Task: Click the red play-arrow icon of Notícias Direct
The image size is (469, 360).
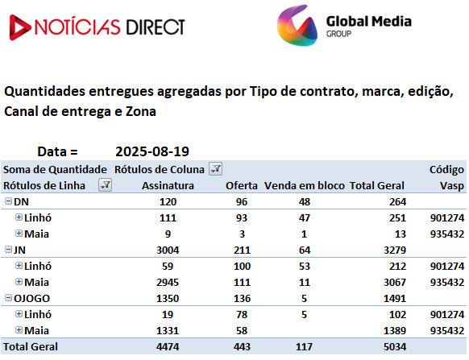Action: [19, 27]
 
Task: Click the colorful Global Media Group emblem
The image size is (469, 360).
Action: [297, 26]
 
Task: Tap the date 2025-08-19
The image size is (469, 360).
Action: [152, 151]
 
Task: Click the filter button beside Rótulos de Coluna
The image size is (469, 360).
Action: [215, 169]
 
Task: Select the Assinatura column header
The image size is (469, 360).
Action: [168, 186]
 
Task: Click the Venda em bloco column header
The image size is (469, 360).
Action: [304, 186]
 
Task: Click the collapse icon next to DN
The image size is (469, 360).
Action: [8, 201]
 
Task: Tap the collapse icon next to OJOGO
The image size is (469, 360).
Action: [8, 298]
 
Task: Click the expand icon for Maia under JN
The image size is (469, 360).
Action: [19, 282]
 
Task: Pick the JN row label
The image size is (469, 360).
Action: [19, 250]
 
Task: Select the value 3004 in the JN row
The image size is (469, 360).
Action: [168, 250]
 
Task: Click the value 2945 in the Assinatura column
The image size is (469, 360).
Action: [168, 282]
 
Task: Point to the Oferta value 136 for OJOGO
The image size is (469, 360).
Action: [242, 299]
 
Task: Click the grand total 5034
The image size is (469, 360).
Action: [395, 347]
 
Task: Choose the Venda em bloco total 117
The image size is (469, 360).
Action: [304, 347]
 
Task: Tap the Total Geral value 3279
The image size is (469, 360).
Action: [395, 250]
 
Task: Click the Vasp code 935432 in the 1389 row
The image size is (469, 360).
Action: [447, 331]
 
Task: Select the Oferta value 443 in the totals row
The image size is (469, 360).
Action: [242, 347]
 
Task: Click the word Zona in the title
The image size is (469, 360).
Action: [141, 112]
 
